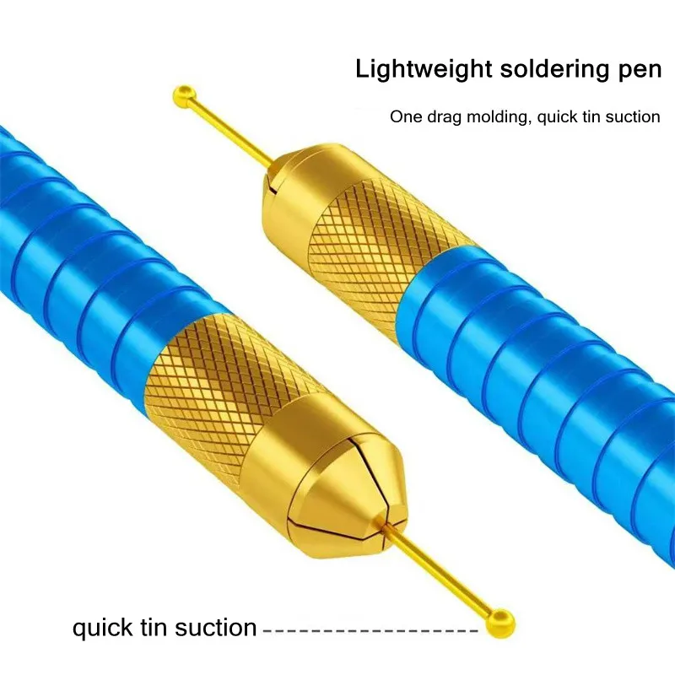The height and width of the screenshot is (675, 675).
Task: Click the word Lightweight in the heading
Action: [x=424, y=70]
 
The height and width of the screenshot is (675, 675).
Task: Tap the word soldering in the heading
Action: [x=554, y=70]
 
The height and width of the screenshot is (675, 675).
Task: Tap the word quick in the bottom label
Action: [x=102, y=628]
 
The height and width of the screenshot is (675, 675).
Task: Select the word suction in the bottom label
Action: [x=216, y=628]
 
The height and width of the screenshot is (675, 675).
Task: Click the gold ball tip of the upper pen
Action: [x=185, y=98]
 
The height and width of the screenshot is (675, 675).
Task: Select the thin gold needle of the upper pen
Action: [x=235, y=132]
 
